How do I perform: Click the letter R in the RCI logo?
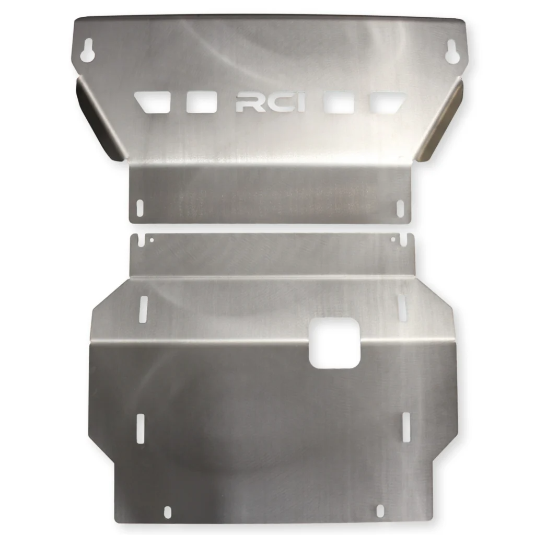pos(246,103)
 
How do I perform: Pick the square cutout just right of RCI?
pos(335,102)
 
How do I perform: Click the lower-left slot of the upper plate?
pos(139,207)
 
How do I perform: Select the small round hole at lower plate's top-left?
pos(152,240)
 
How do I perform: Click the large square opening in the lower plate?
pos(334,344)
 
